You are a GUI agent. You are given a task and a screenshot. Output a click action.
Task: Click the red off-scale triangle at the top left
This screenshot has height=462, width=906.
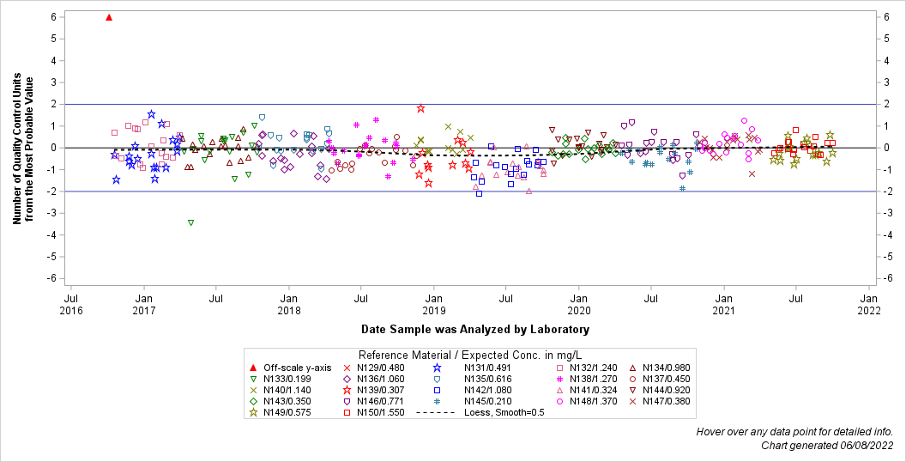point(109,17)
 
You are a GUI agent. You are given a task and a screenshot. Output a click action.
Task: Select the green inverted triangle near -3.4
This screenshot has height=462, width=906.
point(190,222)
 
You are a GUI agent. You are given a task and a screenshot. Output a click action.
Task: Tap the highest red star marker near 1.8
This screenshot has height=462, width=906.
point(421,108)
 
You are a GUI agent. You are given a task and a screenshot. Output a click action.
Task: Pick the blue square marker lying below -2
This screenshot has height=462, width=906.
point(479,194)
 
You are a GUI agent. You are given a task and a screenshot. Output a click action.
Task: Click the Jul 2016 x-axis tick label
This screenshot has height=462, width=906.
point(71,304)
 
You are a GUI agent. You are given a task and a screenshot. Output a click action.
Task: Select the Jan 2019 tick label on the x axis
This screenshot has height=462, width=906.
point(434,304)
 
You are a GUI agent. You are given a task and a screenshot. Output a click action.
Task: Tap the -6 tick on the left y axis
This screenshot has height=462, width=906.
point(53,278)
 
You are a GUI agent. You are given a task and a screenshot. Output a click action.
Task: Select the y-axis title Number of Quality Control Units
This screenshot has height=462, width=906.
point(23,148)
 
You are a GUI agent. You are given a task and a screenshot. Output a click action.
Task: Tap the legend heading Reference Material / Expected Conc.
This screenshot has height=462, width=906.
point(470,355)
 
